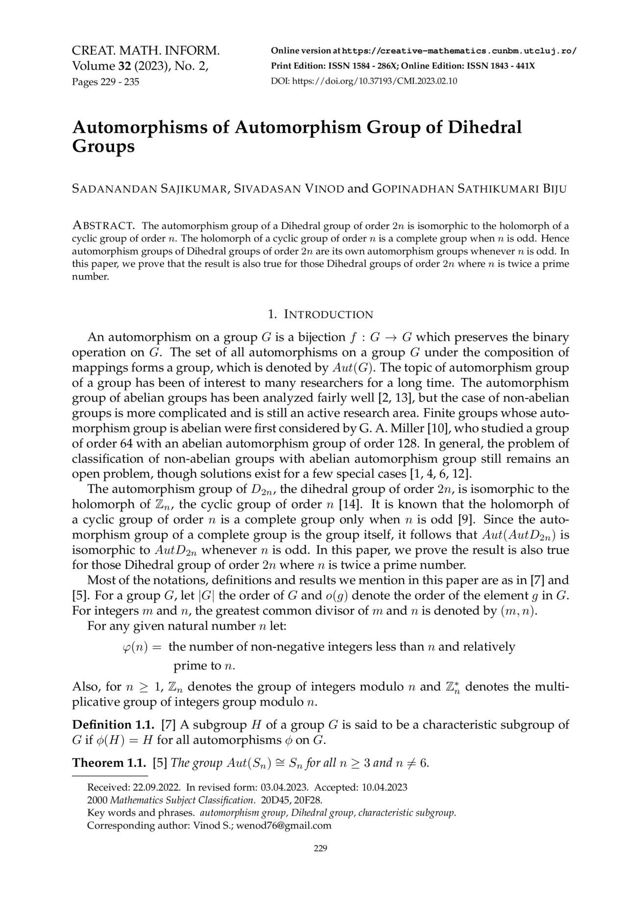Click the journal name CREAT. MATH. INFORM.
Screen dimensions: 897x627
[145, 50]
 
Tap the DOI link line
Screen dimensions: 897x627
[363, 81]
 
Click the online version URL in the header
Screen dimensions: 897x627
[459, 51]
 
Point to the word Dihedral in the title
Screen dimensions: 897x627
[485, 127]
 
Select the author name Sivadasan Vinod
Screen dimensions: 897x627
[289, 189]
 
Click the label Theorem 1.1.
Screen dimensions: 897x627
[110, 763]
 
